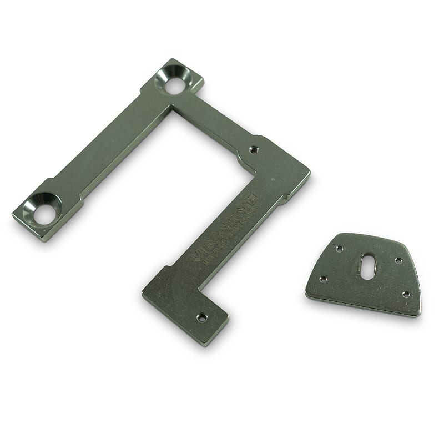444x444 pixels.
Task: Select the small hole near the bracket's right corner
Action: [253, 149]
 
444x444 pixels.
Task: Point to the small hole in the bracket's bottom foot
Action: [202, 317]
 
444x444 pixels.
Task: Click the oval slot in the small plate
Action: [367, 266]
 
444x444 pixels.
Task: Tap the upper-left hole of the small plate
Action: [339, 249]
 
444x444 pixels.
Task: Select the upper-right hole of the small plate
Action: [398, 260]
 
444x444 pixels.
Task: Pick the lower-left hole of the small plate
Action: [322, 279]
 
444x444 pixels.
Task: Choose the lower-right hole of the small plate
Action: [406, 294]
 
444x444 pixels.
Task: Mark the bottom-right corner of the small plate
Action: [417, 315]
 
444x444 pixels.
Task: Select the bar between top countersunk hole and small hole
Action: [214, 117]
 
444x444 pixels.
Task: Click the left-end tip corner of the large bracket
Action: [13, 213]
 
